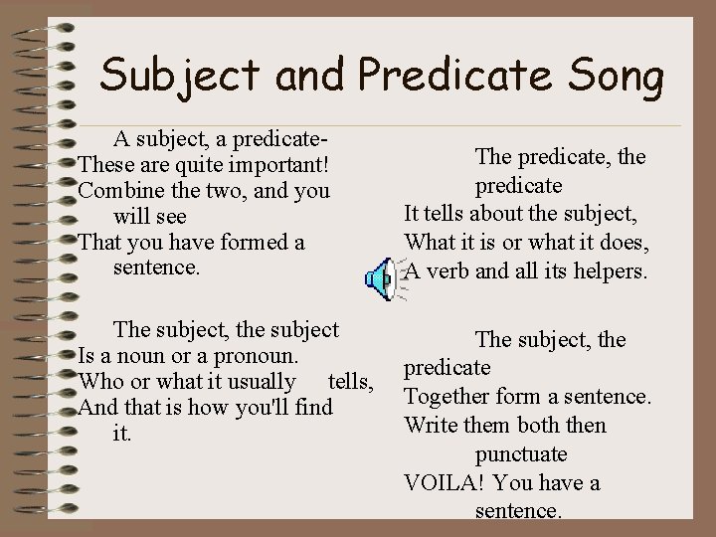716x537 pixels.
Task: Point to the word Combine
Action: click(x=118, y=189)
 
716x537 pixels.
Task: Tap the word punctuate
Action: click(x=521, y=454)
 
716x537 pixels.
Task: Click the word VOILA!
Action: click(x=445, y=483)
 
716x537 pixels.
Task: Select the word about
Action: click(x=508, y=214)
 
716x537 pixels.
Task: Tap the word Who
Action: click(x=97, y=382)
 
